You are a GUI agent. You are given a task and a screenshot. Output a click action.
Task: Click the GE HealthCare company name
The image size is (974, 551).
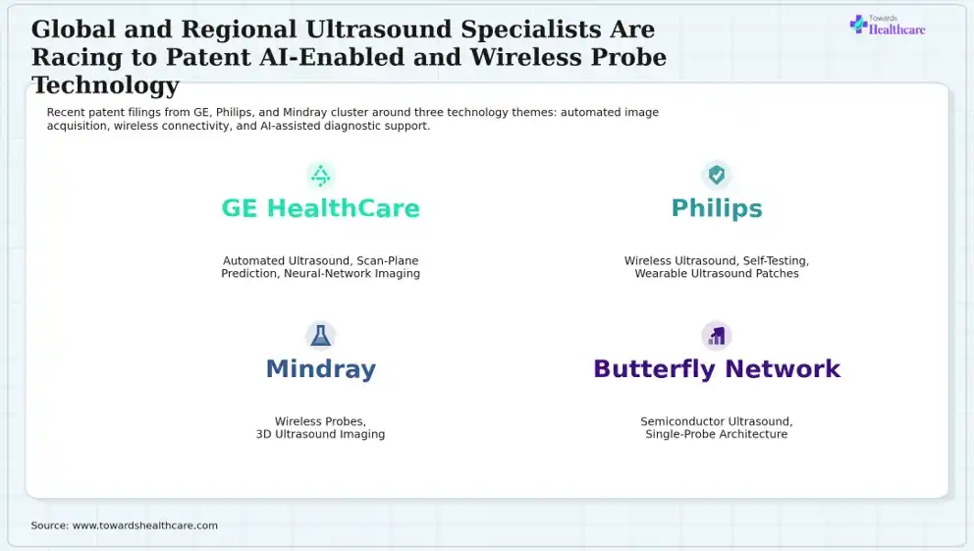(x=320, y=208)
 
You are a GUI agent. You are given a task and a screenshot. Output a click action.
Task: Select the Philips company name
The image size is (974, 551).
(x=717, y=209)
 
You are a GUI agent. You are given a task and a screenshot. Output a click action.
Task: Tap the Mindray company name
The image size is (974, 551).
(x=320, y=369)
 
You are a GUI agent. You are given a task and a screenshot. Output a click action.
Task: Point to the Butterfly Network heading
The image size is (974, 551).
(x=717, y=368)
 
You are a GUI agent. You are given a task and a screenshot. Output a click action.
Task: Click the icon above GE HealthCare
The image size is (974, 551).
(x=320, y=176)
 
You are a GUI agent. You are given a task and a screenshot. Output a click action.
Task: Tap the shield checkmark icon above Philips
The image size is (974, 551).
(x=717, y=175)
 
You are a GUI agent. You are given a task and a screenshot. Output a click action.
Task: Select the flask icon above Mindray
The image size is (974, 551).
(x=320, y=336)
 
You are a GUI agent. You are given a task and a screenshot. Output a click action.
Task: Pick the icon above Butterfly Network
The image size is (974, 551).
(x=717, y=336)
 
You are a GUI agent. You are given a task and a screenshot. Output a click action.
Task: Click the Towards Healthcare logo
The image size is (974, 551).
(x=888, y=25)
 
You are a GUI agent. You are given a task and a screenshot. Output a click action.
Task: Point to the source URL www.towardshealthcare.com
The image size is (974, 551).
(x=145, y=525)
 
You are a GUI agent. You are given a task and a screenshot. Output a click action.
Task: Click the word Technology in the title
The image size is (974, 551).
(x=106, y=85)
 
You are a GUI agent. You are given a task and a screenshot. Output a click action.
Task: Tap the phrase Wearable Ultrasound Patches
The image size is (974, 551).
(x=717, y=273)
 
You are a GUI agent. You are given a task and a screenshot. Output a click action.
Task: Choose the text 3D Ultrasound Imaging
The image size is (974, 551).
(x=320, y=434)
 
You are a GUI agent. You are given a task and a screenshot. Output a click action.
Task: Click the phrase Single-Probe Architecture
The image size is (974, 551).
(x=716, y=434)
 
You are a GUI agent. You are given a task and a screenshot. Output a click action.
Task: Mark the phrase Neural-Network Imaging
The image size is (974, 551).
(x=352, y=273)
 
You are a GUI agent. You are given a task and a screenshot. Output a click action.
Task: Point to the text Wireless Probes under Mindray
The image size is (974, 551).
(x=320, y=421)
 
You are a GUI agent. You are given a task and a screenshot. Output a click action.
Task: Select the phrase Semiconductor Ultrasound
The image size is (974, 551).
(x=716, y=421)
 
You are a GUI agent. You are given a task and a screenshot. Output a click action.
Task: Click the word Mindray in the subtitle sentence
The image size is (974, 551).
(x=305, y=112)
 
